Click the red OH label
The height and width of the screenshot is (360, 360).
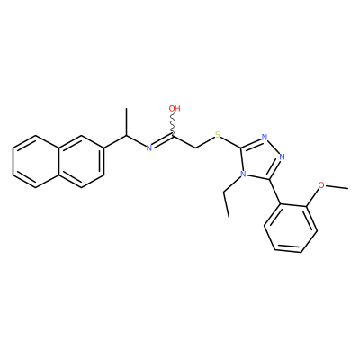[175, 108]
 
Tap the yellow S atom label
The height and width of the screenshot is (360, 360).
[218, 135]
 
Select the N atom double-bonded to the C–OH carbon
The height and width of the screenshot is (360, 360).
[149, 148]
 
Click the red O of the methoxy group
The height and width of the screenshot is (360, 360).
[321, 185]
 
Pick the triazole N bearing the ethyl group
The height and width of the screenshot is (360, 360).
[244, 174]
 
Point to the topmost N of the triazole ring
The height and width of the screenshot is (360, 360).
[265, 138]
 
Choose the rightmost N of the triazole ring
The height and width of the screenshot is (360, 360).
[282, 157]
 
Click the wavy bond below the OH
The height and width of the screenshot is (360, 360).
[173, 124]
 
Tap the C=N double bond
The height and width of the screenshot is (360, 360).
[162, 141]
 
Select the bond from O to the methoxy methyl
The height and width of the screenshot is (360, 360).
[337, 187]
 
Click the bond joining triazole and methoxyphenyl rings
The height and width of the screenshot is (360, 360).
[274, 193]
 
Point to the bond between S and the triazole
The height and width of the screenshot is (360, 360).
[230, 142]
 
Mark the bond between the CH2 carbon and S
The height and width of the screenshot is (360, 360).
[205, 142]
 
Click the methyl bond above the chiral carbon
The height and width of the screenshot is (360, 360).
[126, 121]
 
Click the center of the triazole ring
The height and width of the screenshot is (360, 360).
[259, 159]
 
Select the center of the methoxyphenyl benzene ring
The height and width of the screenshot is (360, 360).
[291, 229]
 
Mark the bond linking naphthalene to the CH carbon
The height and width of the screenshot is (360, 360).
[115, 141]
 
